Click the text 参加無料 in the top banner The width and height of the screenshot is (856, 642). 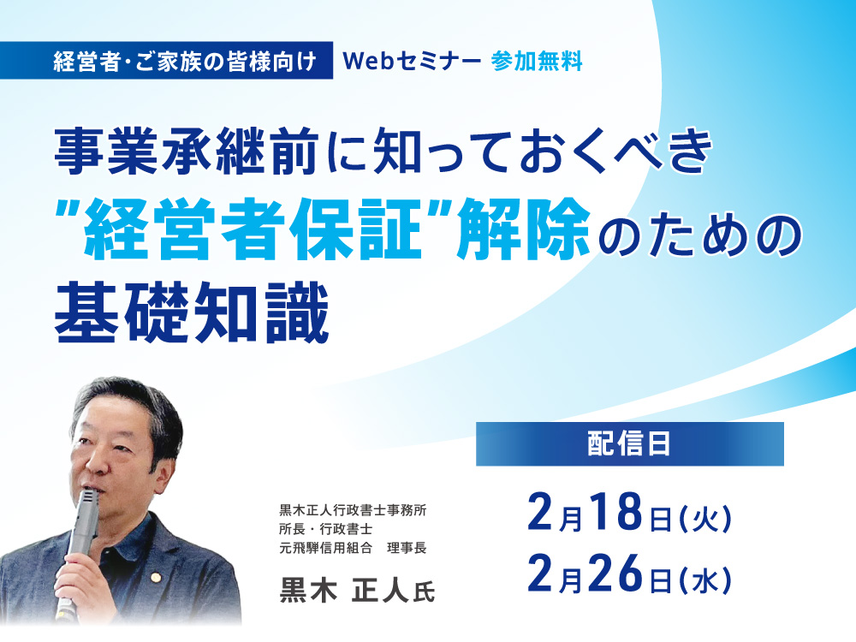(537, 61)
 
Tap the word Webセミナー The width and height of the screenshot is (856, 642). (412, 61)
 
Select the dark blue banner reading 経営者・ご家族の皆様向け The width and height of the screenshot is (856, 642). (166, 60)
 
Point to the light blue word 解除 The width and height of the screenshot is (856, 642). (524, 229)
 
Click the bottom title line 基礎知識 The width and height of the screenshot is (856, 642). (192, 312)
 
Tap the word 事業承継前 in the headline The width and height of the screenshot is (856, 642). (187, 152)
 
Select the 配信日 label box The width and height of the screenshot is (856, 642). (629, 443)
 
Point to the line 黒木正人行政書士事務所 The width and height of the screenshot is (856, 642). (353, 510)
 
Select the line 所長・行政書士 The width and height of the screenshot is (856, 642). (326, 529)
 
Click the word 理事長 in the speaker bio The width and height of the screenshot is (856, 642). (407, 548)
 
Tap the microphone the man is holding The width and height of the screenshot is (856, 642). (78, 546)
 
